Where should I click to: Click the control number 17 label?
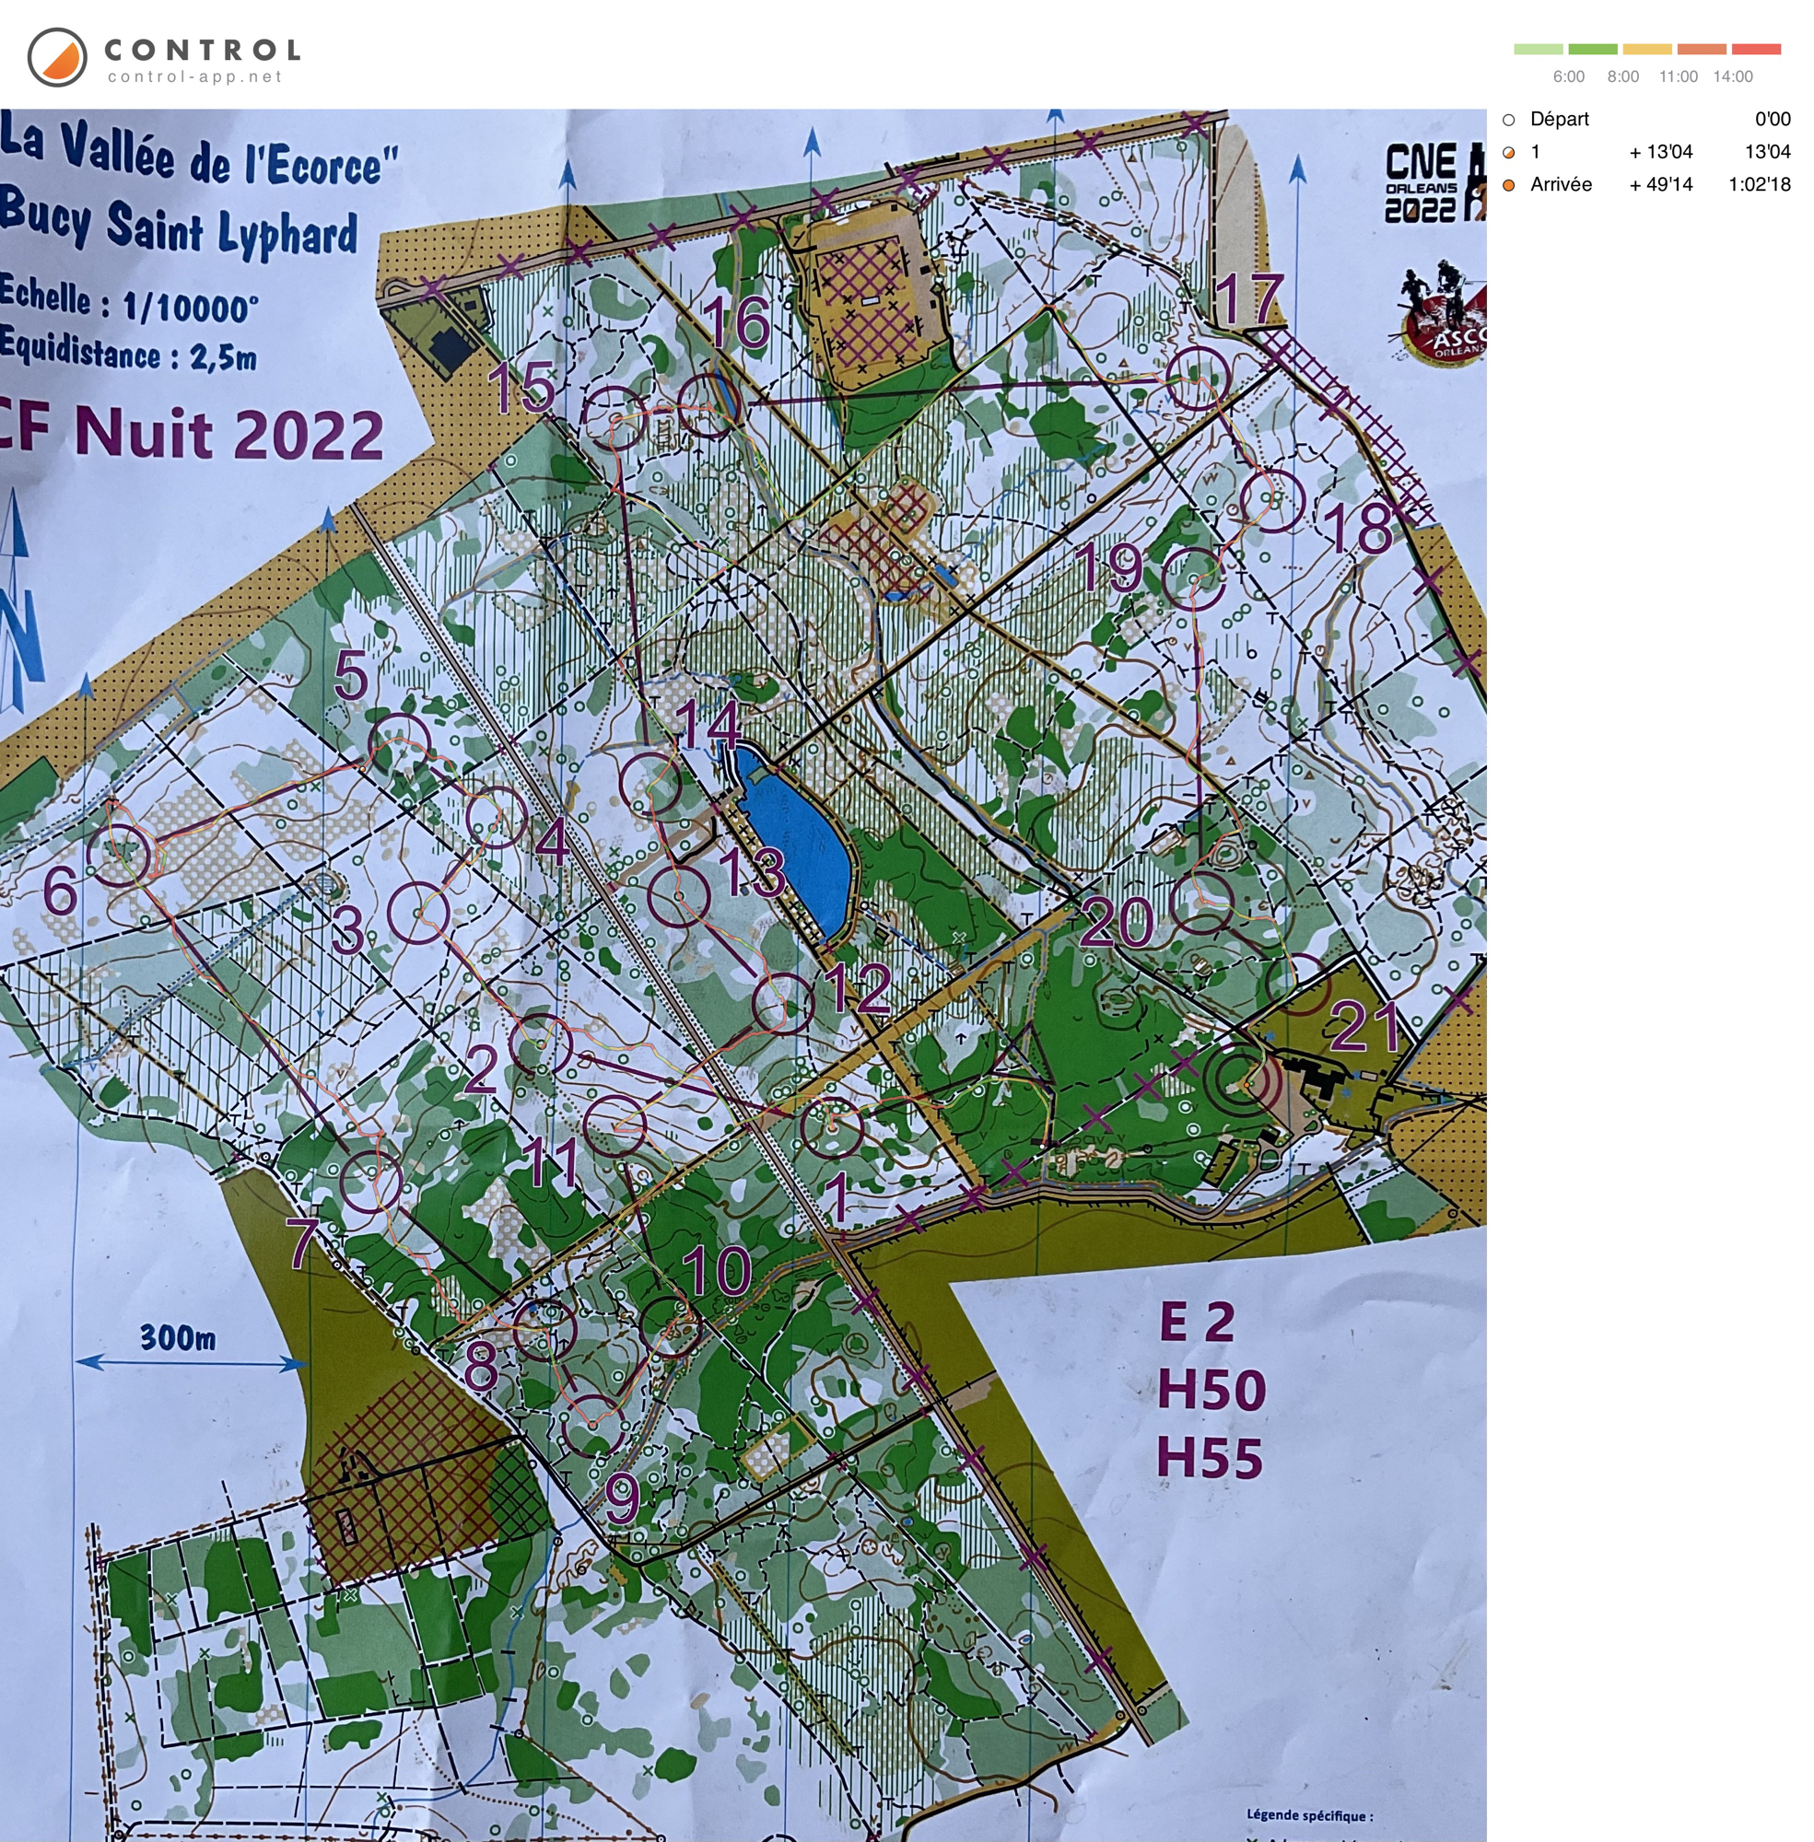[x=1250, y=299]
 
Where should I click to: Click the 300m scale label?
[x=177, y=1337]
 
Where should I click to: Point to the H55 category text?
[x=1210, y=1458]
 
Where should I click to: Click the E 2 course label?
[x=1197, y=1322]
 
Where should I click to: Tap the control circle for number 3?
[x=419, y=913]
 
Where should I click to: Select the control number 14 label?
[x=707, y=725]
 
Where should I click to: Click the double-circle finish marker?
[x=1243, y=1080]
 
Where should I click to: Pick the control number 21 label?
[x=1363, y=1027]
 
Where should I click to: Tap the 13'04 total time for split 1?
[x=1766, y=151]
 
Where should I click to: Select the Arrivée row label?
[x=1560, y=185]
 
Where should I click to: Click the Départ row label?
[x=1559, y=119]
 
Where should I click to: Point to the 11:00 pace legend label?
[x=1677, y=76]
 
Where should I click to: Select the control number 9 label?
[x=622, y=1498]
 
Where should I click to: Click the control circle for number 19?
[x=1194, y=579]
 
